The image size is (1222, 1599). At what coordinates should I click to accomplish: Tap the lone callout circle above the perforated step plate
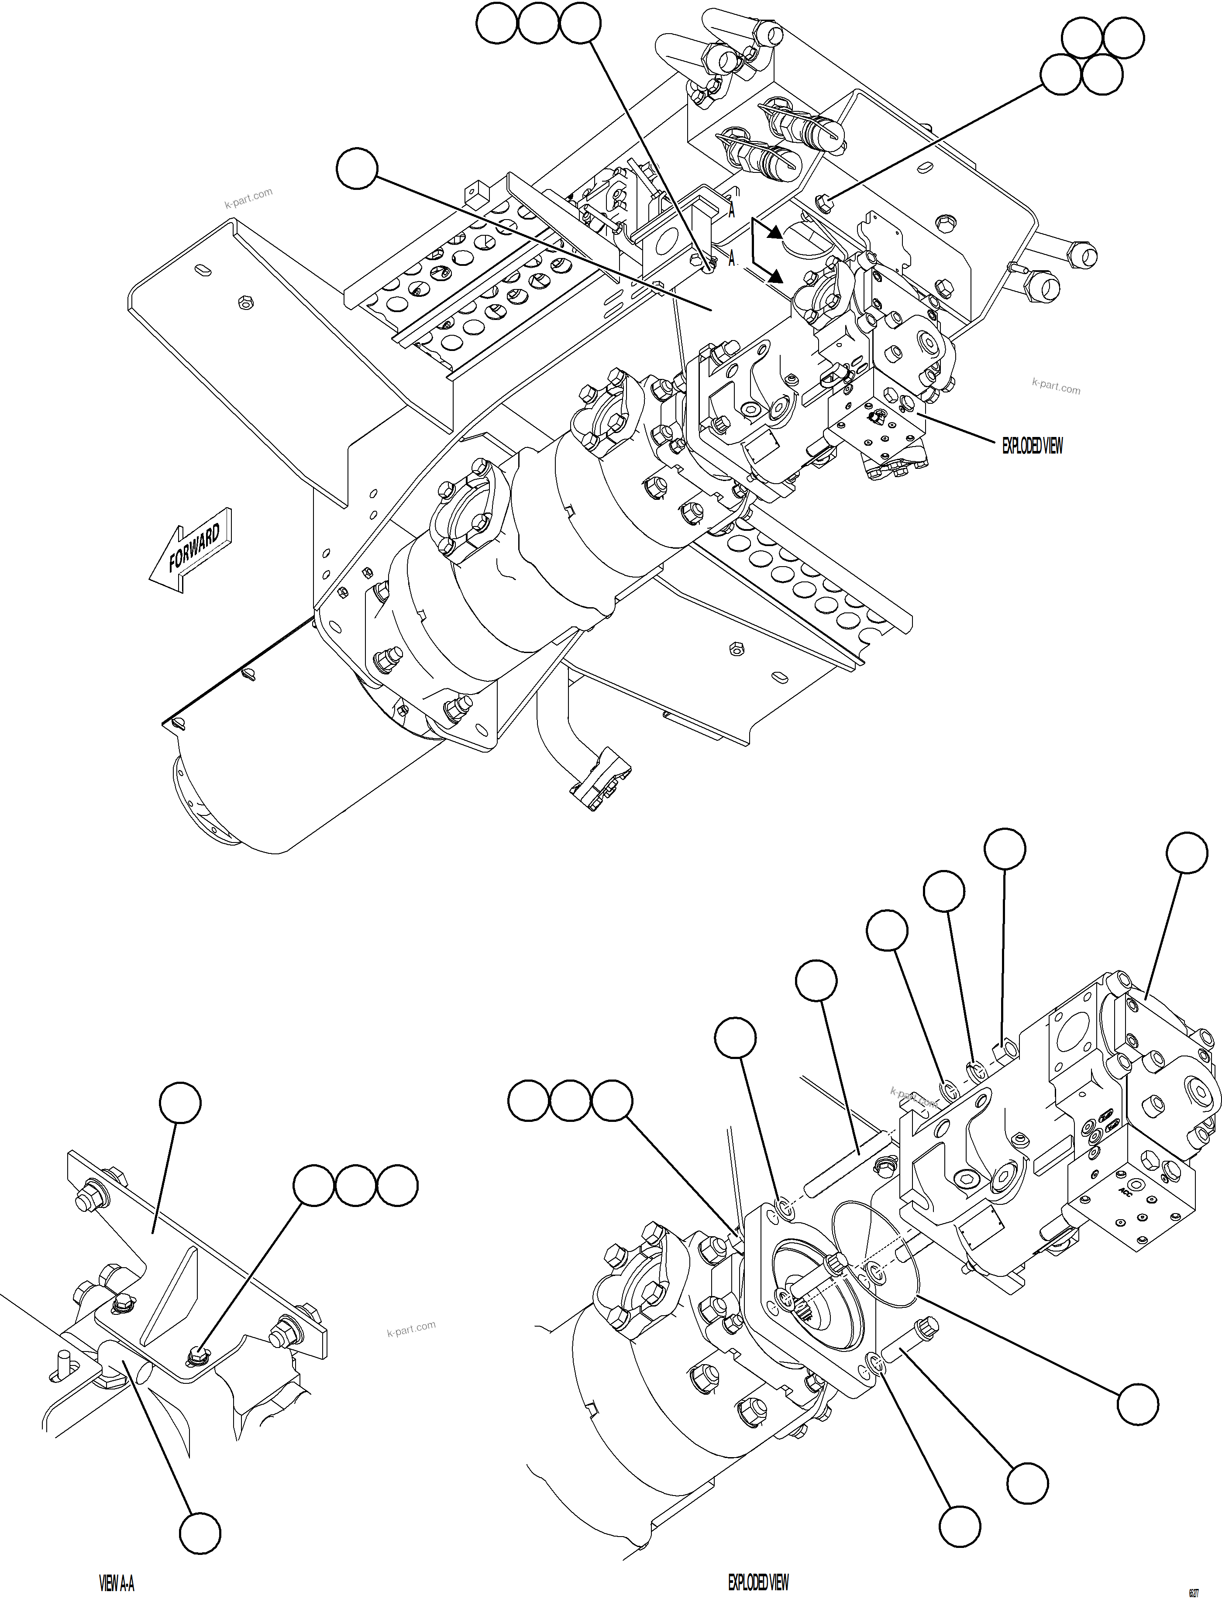point(357,168)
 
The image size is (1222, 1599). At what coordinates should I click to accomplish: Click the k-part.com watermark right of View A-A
point(411,1328)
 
